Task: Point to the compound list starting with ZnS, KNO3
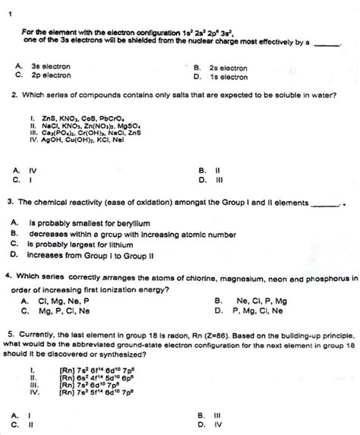[84, 120]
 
